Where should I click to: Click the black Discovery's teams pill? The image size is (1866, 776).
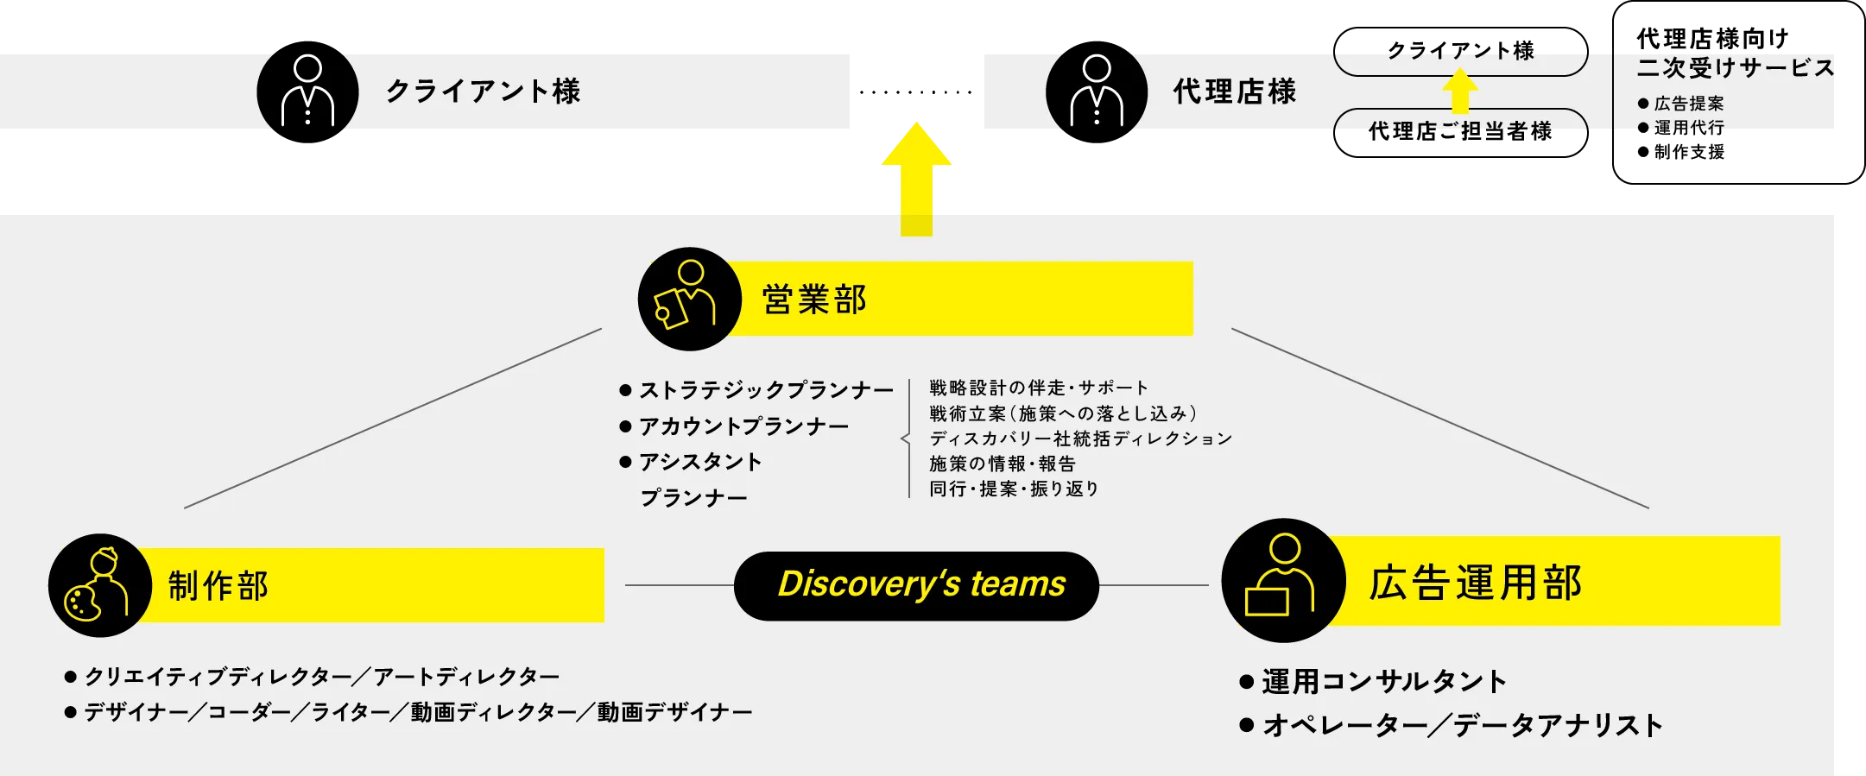pyautogui.click(x=916, y=585)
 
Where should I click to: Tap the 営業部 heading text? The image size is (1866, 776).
pyautogui.click(x=813, y=300)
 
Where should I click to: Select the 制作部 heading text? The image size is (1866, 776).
pyautogui.click(x=218, y=585)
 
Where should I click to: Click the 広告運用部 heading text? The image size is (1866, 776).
pyautogui.click(x=1475, y=583)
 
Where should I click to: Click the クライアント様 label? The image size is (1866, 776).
pyautogui.click(x=483, y=91)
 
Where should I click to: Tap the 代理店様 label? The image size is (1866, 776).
pyautogui.click(x=1234, y=91)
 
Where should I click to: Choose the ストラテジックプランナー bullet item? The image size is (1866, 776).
pyautogui.click(x=765, y=390)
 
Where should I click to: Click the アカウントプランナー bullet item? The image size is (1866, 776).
pyautogui.click(x=743, y=426)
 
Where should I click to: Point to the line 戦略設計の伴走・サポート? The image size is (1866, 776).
pyautogui.click(x=1039, y=388)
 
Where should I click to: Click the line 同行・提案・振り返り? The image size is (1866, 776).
pyautogui.click(x=1014, y=489)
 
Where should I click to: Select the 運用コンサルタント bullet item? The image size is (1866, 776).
pyautogui.click(x=1383, y=681)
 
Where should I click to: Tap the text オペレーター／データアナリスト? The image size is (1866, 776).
pyautogui.click(x=1462, y=725)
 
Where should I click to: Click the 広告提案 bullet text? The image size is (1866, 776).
pyautogui.click(x=1688, y=104)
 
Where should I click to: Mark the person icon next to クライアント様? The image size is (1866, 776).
pyautogui.click(x=307, y=91)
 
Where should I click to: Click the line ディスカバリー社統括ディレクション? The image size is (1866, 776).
pyautogui.click(x=1080, y=438)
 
